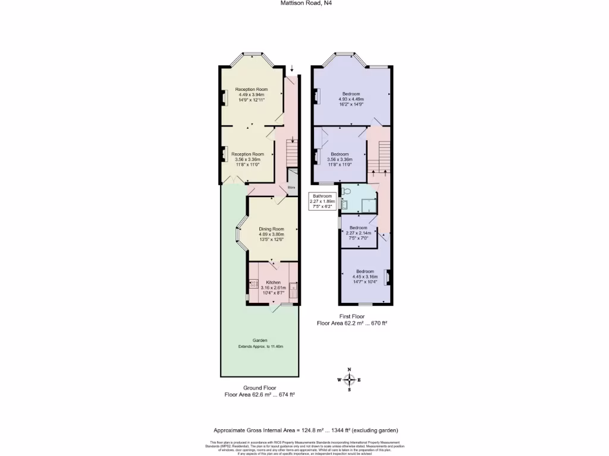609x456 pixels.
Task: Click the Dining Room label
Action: [x=271, y=229]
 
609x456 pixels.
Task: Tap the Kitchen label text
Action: [x=273, y=282]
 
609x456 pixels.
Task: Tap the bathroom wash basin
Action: [x=344, y=205]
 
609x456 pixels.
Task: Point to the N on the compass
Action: [x=349, y=370]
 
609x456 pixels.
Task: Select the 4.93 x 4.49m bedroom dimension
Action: [x=351, y=99]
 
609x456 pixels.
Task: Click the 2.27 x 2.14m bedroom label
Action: [x=359, y=233]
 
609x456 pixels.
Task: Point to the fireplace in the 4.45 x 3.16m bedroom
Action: [x=387, y=277]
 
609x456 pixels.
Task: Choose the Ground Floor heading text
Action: [x=260, y=387]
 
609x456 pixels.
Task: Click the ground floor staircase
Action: [x=291, y=153]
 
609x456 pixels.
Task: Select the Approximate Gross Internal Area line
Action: [x=305, y=430]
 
